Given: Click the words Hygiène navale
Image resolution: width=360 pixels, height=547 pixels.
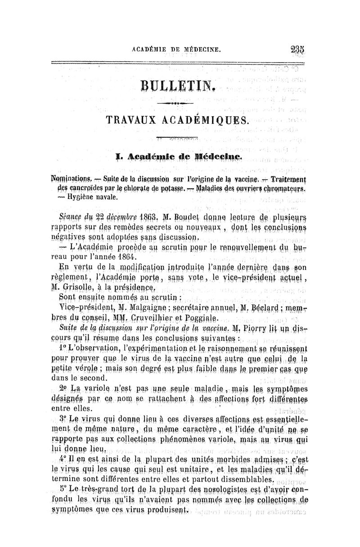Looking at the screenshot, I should pos(88,197).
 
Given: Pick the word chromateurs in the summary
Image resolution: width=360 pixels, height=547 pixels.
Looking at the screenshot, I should pos(273,189).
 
